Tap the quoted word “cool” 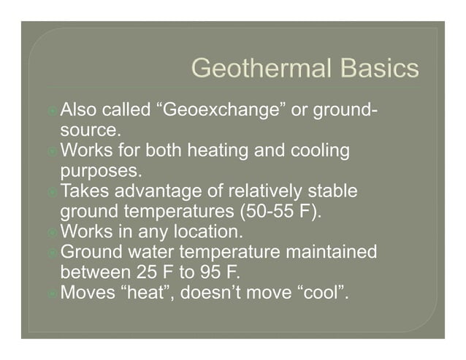coord(316,294)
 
